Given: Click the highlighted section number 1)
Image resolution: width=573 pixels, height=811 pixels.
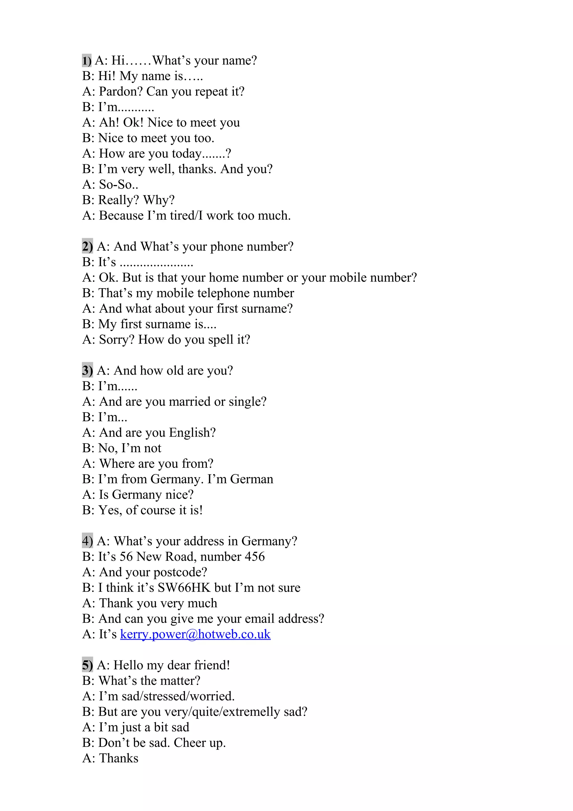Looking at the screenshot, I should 87,60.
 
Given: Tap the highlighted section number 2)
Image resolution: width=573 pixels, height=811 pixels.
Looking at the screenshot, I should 87,246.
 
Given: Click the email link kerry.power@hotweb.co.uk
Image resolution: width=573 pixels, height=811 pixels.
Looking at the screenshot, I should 195,634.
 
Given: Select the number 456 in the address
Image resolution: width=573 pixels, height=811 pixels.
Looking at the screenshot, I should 255,556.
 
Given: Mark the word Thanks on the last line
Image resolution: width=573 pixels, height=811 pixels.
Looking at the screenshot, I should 119,758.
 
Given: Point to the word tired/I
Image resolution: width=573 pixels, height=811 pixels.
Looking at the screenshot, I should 186,215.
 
